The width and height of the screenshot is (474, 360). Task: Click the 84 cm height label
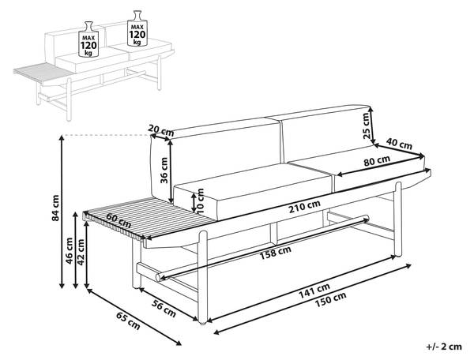pyautogui.click(x=55, y=208)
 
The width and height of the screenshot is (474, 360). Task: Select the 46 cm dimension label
pyautogui.click(x=70, y=251)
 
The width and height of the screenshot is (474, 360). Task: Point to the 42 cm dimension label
pyautogui.click(x=81, y=252)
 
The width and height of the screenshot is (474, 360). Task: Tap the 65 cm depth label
pyautogui.click(x=128, y=321)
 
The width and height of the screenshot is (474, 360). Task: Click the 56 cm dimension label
pyautogui.click(x=164, y=309)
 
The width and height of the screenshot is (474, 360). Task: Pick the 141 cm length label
pyautogui.click(x=314, y=290)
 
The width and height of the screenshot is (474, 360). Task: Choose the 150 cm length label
pyautogui.click(x=331, y=299)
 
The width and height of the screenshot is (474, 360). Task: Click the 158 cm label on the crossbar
pyautogui.click(x=276, y=252)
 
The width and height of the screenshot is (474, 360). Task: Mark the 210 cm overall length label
pyautogui.click(x=304, y=207)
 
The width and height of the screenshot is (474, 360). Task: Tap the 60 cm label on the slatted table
pyautogui.click(x=118, y=221)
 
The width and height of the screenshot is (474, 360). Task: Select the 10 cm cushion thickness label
pyautogui.click(x=201, y=201)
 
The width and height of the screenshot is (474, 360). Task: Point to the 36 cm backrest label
pyautogui.click(x=164, y=170)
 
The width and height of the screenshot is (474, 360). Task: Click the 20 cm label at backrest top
pyautogui.click(x=161, y=130)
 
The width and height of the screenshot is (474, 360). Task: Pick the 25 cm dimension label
pyautogui.click(x=366, y=126)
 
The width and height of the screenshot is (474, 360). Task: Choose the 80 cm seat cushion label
pyautogui.click(x=377, y=160)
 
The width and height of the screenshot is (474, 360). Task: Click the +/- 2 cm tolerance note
pyautogui.click(x=444, y=347)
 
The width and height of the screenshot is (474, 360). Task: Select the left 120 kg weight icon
pyautogui.click(x=88, y=39)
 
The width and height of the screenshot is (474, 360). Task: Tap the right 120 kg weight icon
pyautogui.click(x=137, y=28)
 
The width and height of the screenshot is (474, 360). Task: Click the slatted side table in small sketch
pyautogui.click(x=43, y=72)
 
